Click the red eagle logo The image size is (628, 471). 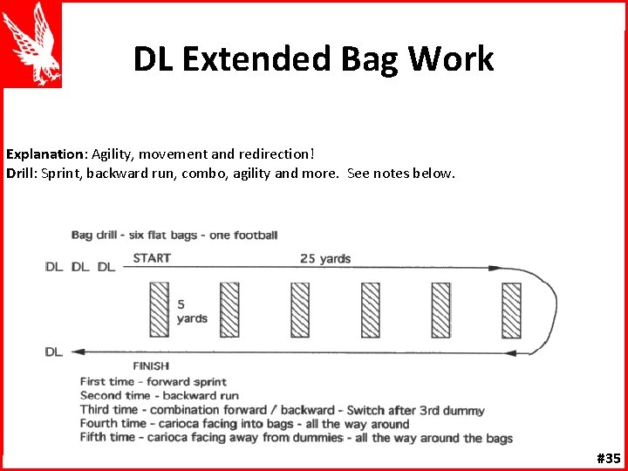(x=32, y=44)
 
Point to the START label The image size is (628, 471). (x=152, y=257)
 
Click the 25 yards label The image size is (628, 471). (x=325, y=258)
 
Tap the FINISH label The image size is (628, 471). (x=151, y=366)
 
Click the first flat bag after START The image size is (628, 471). (x=158, y=310)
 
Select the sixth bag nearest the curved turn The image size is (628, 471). (x=511, y=310)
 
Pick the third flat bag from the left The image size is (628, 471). (x=300, y=310)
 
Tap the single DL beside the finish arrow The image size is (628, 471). (x=54, y=352)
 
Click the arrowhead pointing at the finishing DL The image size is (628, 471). (x=77, y=352)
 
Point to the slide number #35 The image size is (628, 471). (x=607, y=458)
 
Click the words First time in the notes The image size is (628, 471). (x=107, y=382)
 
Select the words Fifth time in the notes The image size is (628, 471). (x=107, y=438)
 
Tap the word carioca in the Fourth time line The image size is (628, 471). (x=174, y=424)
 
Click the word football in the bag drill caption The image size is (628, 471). (x=256, y=235)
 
